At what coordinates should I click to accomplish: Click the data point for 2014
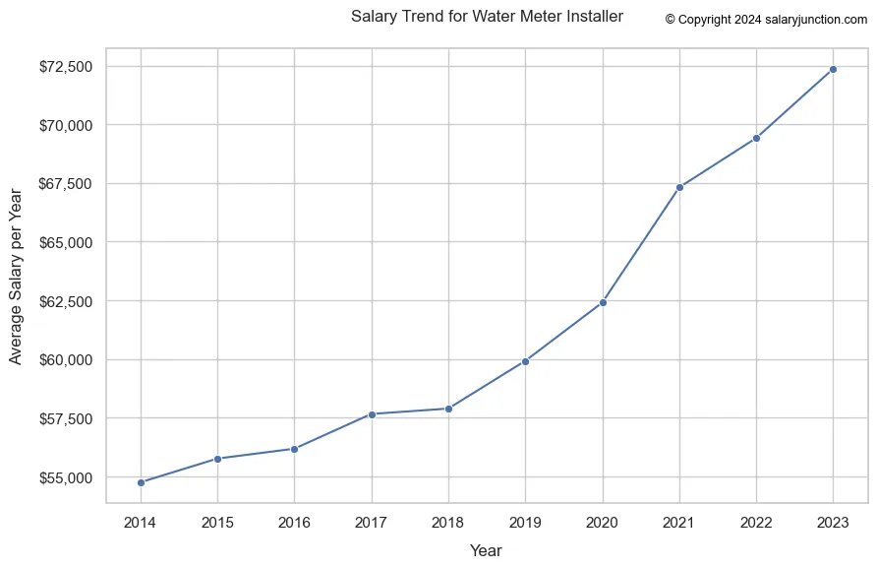click(x=141, y=482)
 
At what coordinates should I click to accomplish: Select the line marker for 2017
click(x=372, y=414)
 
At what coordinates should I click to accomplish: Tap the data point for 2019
click(x=526, y=361)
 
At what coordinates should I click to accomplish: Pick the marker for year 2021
click(x=679, y=187)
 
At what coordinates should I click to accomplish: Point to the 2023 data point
click(x=834, y=69)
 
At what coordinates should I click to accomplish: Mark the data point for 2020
click(x=603, y=302)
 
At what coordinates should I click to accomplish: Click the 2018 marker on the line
click(x=448, y=409)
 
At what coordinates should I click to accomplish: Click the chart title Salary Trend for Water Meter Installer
click(x=487, y=17)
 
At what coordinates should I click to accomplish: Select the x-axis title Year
click(x=486, y=551)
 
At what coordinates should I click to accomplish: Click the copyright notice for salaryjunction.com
click(x=766, y=19)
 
